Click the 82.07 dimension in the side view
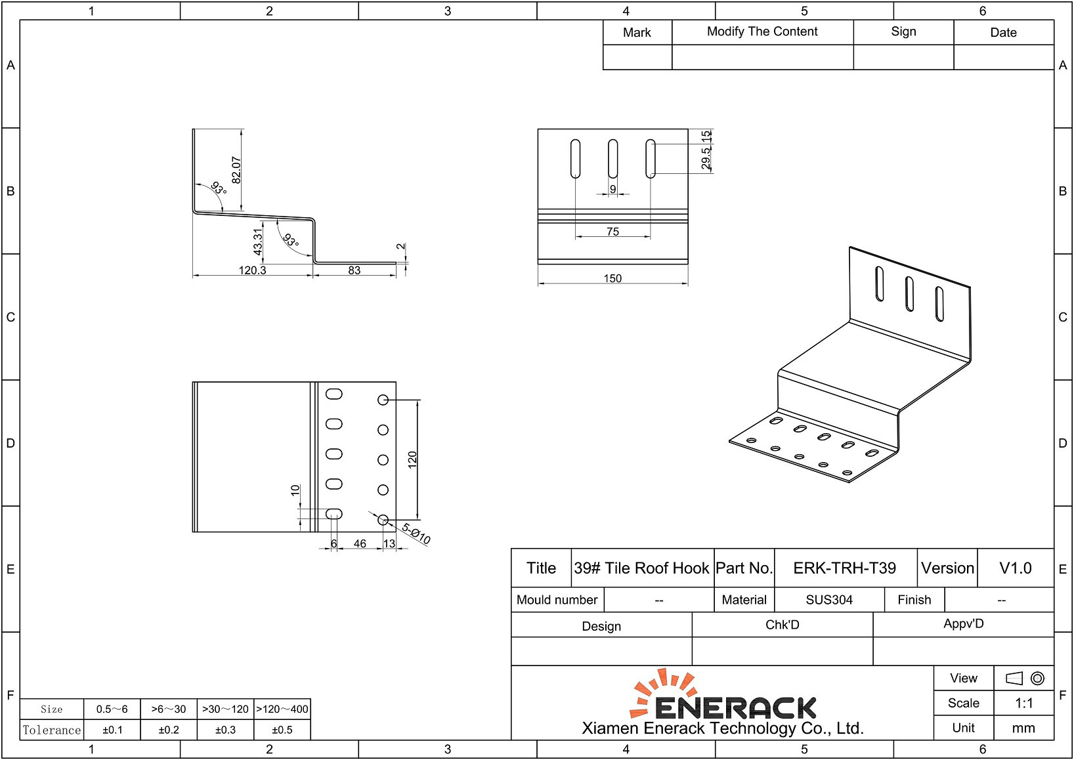coord(236,169)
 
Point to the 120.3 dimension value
coord(252,270)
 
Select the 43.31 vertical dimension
coord(258,242)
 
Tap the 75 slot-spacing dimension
coord(612,232)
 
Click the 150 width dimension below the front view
coord(612,278)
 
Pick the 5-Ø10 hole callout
coord(416,534)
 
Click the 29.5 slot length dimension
coord(706,159)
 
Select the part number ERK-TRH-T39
coord(844,568)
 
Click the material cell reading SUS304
coord(829,600)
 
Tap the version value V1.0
coord(1015,568)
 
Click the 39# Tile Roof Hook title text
coord(641,568)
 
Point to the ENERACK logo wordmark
coord(735,707)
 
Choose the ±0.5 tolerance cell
coord(282,730)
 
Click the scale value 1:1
coord(1023,704)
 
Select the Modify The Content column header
coord(762,32)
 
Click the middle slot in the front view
coord(612,159)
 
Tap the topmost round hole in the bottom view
coord(383,400)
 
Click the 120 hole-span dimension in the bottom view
coord(412,459)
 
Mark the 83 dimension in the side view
coord(354,270)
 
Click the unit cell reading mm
coord(1023,728)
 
